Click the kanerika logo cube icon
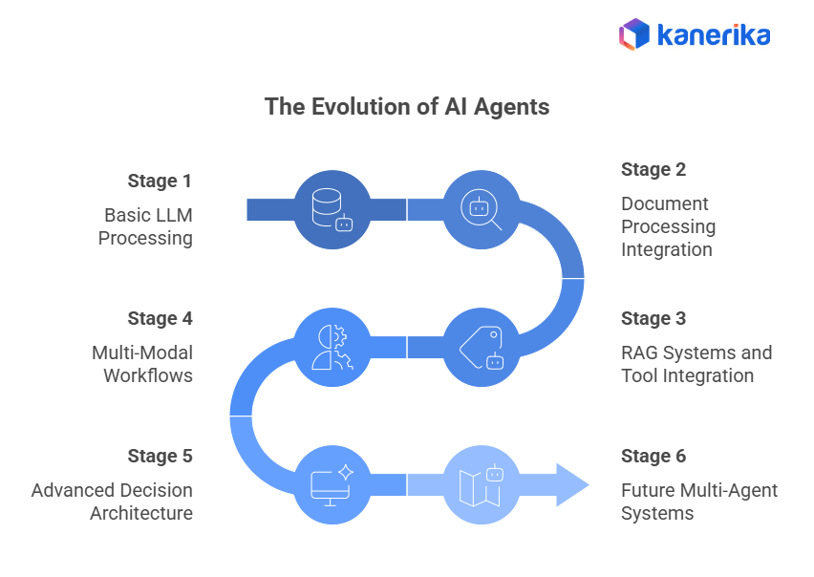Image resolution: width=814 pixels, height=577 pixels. [x=634, y=35]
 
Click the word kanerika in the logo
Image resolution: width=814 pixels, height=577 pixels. [x=714, y=36]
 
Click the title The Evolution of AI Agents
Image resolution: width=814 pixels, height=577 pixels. [x=407, y=107]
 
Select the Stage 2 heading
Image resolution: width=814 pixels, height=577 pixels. [x=653, y=170]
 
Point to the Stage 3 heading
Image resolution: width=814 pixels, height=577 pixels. [x=653, y=319]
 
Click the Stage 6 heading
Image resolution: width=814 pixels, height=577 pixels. [x=653, y=457]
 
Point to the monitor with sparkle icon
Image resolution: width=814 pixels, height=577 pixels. [x=332, y=485]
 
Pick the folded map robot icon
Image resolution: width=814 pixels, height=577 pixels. [x=482, y=485]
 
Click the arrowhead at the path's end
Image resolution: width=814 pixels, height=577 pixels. [x=571, y=485]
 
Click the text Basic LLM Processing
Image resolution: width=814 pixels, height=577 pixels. [x=148, y=226]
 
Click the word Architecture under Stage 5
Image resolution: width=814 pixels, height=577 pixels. [x=141, y=514]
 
